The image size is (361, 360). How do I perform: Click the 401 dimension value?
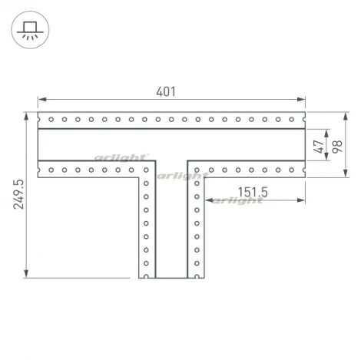click(x=166, y=91)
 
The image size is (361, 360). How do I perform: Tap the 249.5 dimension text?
click(x=18, y=194)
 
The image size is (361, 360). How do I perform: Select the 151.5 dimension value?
click(x=253, y=192)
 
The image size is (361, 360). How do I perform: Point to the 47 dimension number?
click(x=318, y=147)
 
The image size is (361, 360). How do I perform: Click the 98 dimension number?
click(x=337, y=147)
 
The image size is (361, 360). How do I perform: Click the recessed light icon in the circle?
click(x=30, y=30)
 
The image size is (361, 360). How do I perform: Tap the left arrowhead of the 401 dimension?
click(x=42, y=99)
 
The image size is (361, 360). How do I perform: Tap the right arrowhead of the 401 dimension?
click(x=301, y=99)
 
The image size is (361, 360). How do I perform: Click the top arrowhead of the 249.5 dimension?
click(x=26, y=117)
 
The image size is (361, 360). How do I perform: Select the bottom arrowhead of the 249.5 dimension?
click(x=26, y=273)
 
